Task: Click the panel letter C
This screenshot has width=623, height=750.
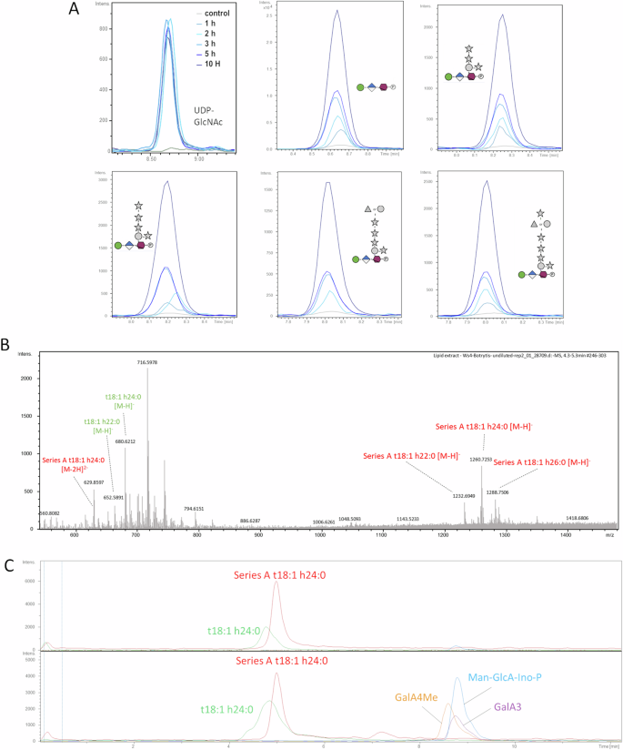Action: (7, 563)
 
